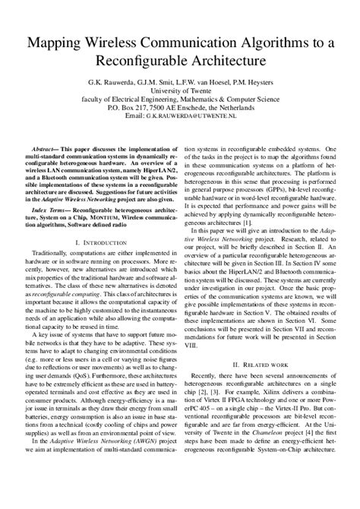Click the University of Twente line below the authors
180,89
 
